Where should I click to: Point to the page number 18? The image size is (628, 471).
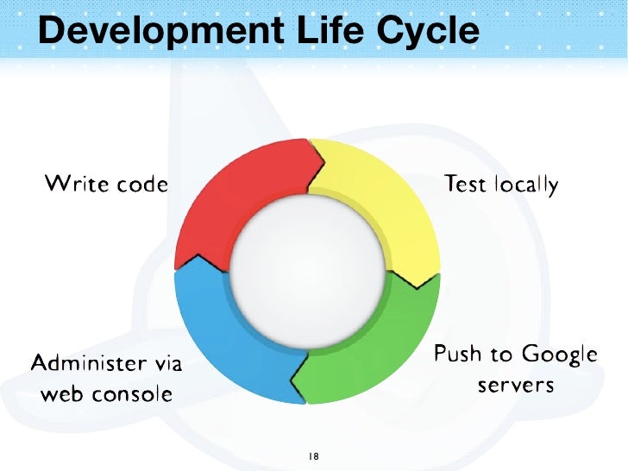point(312,455)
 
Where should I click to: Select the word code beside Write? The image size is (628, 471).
point(141,184)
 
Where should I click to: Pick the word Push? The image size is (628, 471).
point(457,354)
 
